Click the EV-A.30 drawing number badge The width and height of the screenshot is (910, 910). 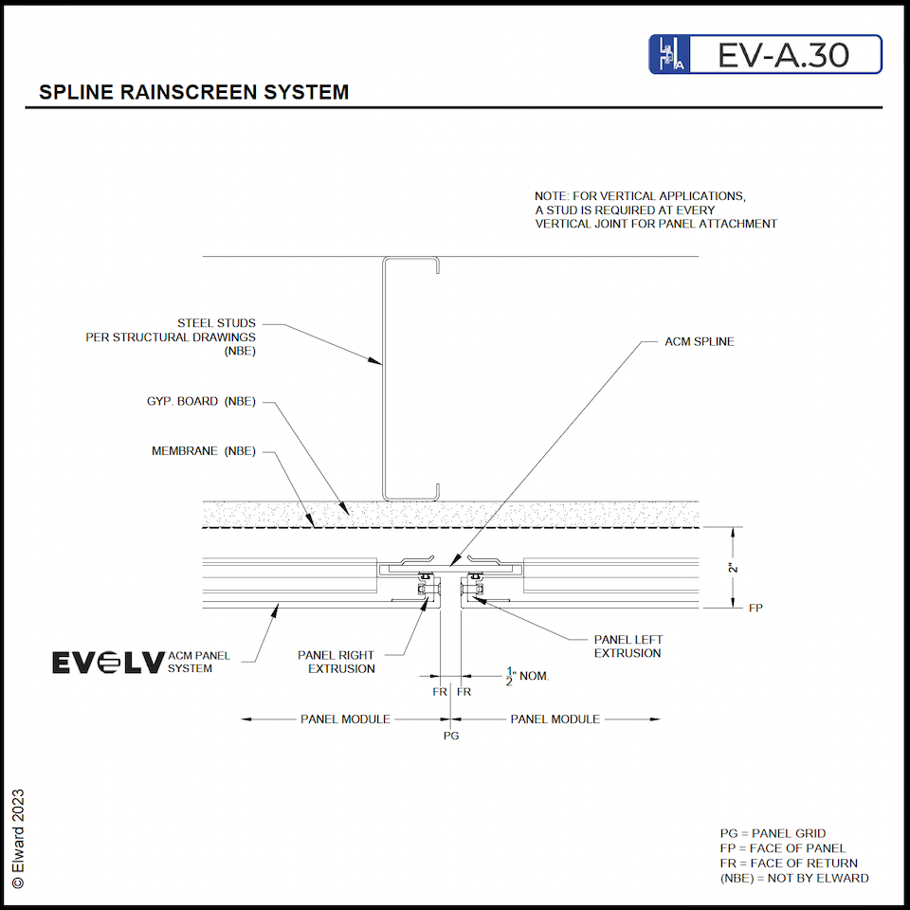click(766, 55)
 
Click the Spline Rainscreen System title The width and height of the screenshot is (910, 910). click(193, 93)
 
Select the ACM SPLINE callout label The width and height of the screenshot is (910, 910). click(699, 341)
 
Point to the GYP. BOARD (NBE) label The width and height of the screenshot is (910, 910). click(194, 401)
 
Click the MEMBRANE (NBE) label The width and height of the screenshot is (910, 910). click(203, 451)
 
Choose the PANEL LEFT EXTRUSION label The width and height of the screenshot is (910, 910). click(628, 646)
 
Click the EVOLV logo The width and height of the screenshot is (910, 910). click(108, 662)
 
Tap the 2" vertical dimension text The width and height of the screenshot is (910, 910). click(732, 568)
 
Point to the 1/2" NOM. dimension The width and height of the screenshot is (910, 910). click(527, 677)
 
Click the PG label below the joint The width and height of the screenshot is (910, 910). click(451, 735)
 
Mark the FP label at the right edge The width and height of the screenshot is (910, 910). click(755, 608)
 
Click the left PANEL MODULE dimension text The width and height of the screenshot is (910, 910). click(345, 719)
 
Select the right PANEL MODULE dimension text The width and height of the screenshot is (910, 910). click(555, 719)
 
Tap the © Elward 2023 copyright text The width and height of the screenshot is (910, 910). click(18, 838)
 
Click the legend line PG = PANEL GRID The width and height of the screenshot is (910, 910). click(773, 833)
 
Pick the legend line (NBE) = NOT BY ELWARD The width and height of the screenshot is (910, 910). click(793, 878)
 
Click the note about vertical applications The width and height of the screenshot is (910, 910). click(655, 209)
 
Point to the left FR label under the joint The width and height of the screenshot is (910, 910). click(440, 692)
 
